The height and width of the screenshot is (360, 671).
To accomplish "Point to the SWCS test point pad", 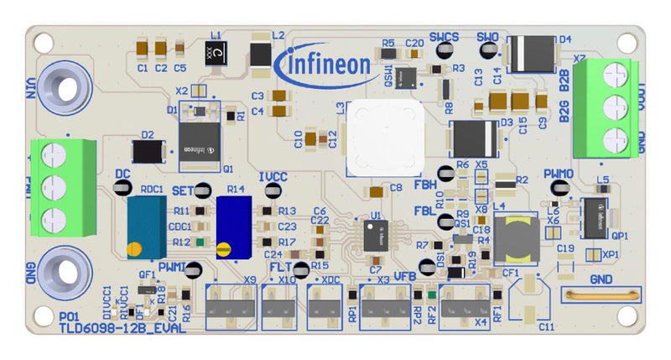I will pos(445,51).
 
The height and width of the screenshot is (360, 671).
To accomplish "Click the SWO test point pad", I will pos(488,51).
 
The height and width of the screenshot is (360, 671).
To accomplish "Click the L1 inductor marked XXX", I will pos(217,55).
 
